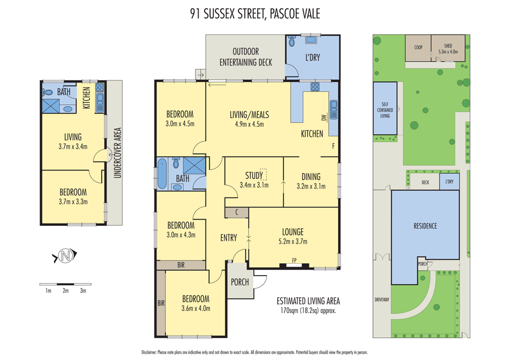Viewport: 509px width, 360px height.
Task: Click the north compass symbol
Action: (x=65, y=256)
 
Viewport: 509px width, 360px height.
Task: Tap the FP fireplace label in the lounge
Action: (x=294, y=260)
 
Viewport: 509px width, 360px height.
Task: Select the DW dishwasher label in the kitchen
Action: (x=323, y=118)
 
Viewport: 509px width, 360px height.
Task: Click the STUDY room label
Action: (x=253, y=175)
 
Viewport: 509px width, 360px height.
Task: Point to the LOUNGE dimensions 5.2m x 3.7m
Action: (x=293, y=242)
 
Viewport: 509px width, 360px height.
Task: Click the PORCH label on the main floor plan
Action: (x=240, y=282)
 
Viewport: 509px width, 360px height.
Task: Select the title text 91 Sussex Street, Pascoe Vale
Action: (x=255, y=14)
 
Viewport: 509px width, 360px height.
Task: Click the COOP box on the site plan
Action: (x=418, y=48)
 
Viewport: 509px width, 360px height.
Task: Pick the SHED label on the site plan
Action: (x=448, y=46)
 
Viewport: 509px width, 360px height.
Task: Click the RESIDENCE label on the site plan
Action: (x=425, y=226)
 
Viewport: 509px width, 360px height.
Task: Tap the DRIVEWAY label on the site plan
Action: (x=382, y=299)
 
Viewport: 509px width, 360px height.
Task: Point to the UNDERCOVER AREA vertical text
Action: (x=118, y=153)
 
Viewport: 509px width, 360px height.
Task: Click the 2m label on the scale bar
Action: (x=66, y=290)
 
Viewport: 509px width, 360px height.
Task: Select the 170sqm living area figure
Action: (x=289, y=311)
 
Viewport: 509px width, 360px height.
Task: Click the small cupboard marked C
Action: (x=236, y=212)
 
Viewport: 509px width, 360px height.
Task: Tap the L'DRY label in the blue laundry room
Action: (x=313, y=58)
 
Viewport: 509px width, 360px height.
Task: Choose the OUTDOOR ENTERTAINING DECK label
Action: (x=245, y=57)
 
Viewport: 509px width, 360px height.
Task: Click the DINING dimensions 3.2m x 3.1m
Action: (x=310, y=186)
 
